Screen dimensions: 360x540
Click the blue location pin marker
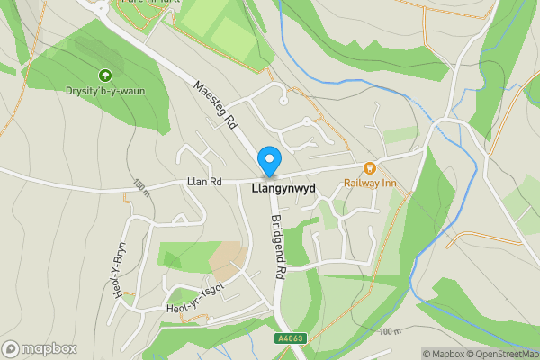(268, 161)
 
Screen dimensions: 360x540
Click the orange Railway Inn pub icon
(369, 167)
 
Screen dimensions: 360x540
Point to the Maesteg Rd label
(215, 103)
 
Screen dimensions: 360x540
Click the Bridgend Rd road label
(278, 246)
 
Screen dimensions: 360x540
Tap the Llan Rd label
(203, 182)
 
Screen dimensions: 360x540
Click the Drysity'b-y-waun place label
(104, 90)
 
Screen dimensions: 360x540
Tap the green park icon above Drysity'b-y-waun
(104, 76)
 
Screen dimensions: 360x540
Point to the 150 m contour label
(141, 188)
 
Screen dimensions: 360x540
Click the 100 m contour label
(389, 332)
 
